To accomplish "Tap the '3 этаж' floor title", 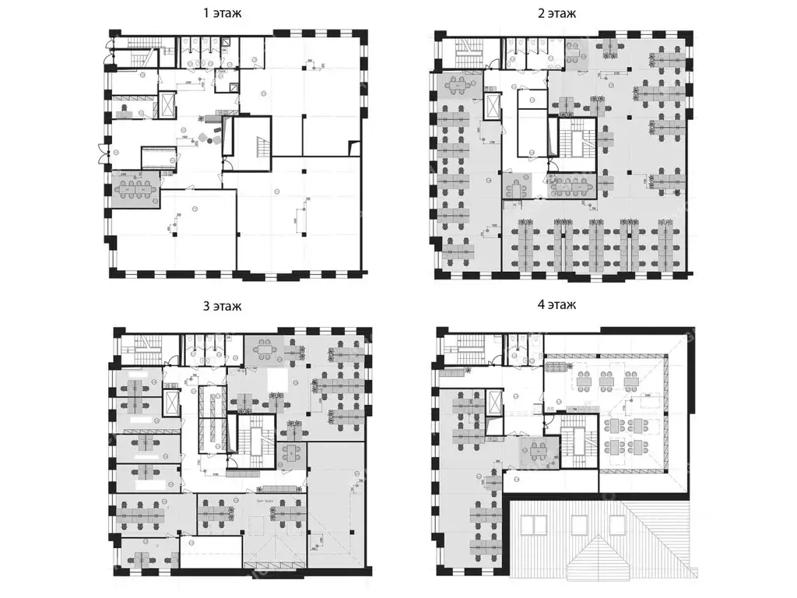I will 222,306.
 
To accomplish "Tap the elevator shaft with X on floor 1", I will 167,106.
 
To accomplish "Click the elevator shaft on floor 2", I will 493,108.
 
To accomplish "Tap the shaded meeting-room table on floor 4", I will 537,449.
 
